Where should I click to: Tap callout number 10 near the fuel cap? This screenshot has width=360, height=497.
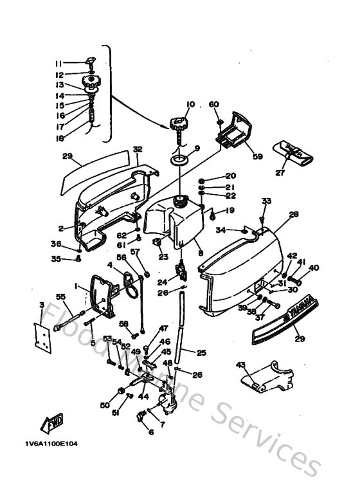click(x=190, y=104)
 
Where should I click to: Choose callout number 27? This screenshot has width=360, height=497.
click(x=279, y=172)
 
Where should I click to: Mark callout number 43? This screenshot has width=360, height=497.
click(x=241, y=365)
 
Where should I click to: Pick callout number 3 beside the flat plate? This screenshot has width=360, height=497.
click(x=41, y=305)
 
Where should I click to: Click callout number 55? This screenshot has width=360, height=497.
click(x=61, y=297)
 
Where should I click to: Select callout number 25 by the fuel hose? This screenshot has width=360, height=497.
click(x=201, y=352)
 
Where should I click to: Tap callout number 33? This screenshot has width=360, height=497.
click(x=265, y=201)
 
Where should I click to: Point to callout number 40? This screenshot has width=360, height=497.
click(x=314, y=268)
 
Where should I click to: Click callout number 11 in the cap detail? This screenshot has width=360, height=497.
click(x=59, y=64)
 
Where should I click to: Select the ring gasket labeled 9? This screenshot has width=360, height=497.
click(x=179, y=158)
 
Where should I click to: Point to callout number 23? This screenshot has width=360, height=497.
click(x=163, y=257)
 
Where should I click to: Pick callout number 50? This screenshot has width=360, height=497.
click(x=105, y=405)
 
